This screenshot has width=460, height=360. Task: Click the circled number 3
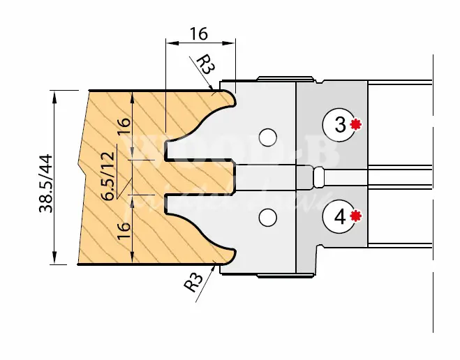point(340,126)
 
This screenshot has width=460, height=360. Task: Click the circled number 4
point(340,216)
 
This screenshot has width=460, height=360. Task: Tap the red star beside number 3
point(356,125)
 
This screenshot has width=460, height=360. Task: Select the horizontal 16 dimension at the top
point(199,33)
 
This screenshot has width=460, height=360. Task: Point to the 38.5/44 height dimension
point(47,177)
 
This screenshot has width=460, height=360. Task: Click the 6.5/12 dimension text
point(109,176)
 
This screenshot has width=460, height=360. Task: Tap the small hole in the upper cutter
point(266,135)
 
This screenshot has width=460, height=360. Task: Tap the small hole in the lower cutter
point(266,219)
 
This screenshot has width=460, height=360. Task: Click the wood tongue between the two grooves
point(199,177)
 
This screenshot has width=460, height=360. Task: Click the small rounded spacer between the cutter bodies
point(318,177)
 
